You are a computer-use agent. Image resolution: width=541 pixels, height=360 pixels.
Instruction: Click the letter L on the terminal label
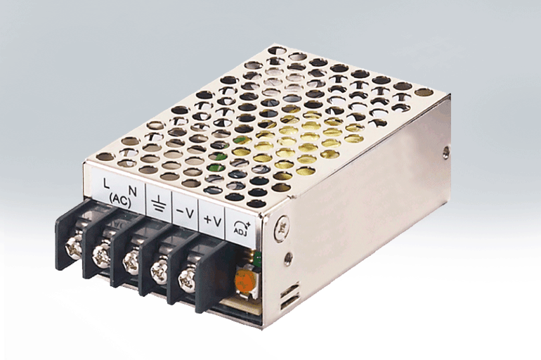click(106, 184)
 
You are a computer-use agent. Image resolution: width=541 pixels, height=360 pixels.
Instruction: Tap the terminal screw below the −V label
click(160, 269)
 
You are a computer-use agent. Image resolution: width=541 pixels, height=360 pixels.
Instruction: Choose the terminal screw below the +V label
click(188, 277)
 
